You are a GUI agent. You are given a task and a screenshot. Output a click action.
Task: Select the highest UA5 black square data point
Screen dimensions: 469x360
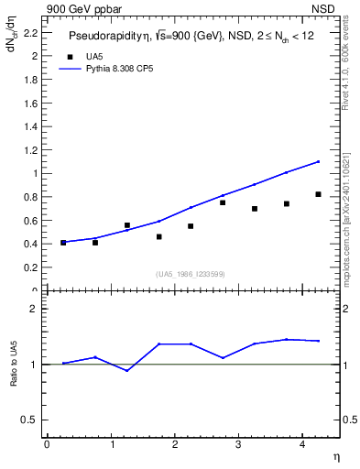(318, 194)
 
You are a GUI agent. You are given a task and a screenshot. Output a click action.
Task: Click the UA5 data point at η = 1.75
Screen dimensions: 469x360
(158, 236)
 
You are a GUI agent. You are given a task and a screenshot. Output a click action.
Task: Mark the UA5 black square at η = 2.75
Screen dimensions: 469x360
(223, 202)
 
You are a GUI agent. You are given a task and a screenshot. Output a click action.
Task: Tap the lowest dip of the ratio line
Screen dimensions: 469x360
(126, 370)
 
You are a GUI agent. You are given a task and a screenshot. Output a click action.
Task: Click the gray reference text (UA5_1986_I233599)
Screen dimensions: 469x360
(191, 274)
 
